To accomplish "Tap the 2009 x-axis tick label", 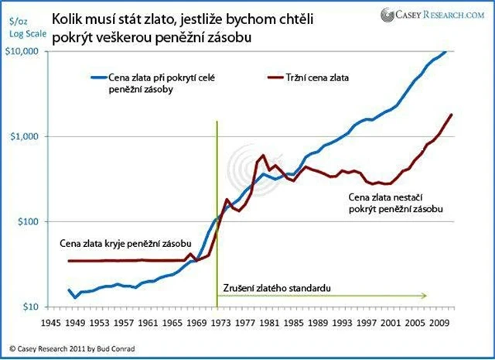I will click(x=440, y=321).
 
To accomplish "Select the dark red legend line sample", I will click(x=281, y=78).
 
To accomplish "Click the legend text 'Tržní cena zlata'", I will click(x=337, y=78).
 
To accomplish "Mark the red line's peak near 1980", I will click(x=263, y=156).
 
